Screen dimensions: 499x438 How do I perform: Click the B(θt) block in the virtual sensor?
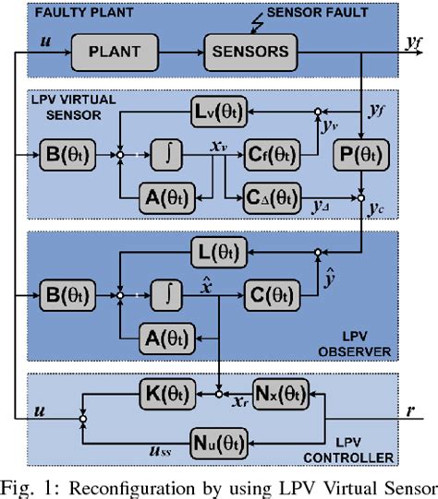(67, 152)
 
